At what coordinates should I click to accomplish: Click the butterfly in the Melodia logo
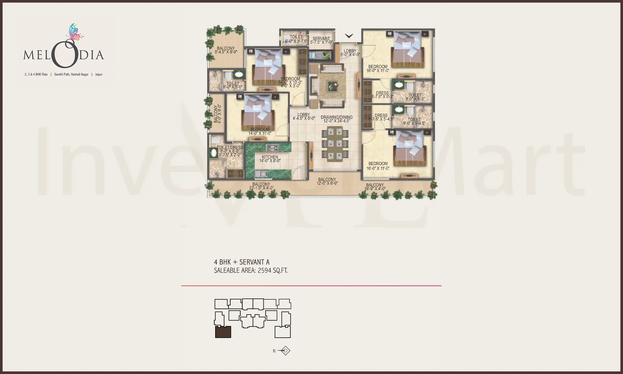coord(75,32)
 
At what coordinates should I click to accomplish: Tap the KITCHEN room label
coord(270,157)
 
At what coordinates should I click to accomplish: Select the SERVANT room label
coord(321,39)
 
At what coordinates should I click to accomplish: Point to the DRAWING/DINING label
coord(337,117)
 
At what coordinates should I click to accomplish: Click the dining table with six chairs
coord(335,144)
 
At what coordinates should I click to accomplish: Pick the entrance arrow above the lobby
coord(349,36)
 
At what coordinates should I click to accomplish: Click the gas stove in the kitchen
coord(272,148)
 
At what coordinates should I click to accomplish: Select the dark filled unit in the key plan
coord(223,332)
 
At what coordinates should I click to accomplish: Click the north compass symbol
coord(285,351)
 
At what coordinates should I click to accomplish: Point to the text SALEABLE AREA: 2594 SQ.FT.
coord(250,271)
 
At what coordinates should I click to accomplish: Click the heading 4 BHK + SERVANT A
coord(242,262)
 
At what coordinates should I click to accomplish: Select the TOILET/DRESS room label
coord(230,148)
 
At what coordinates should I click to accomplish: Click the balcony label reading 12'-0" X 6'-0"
coord(327,183)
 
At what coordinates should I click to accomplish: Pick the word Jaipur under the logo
coord(99,75)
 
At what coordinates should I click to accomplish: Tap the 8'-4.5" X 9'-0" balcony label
coord(226,52)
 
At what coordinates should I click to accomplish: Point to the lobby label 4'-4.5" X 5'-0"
coord(304,118)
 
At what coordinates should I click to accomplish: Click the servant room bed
coord(320,55)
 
